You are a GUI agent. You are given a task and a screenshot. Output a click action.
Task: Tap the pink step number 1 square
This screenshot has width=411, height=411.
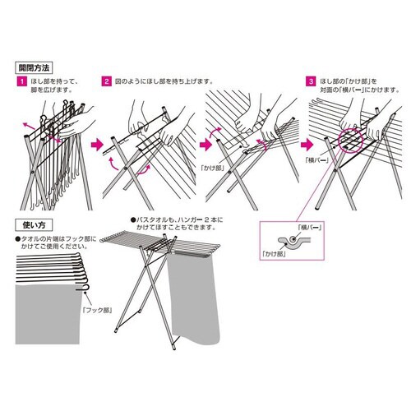point(20,82)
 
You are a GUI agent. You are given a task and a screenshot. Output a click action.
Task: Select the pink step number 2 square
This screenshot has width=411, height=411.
point(106,82)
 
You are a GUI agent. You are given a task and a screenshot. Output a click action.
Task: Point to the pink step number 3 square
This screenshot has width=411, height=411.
point(309,82)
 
